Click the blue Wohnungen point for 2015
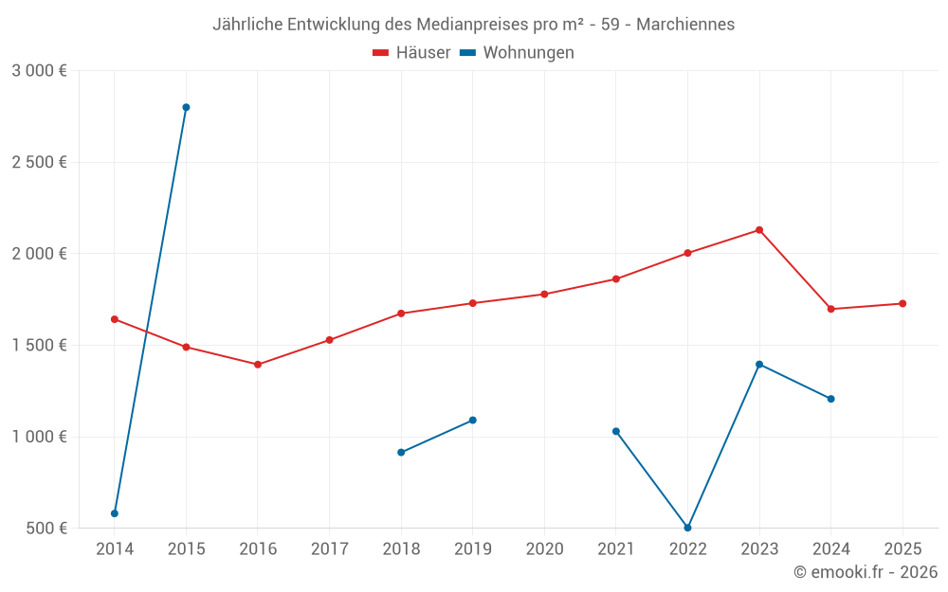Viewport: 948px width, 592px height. point(186,107)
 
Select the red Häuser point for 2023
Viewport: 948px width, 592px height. point(759,230)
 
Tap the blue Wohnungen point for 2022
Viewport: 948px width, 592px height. point(687,528)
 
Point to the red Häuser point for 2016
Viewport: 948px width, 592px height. point(258,365)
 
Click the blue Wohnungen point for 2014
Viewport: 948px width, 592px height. point(115,513)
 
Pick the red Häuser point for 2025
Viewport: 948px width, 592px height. point(902,303)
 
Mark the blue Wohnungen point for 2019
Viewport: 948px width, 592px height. point(473,421)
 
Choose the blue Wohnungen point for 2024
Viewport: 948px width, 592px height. point(830,399)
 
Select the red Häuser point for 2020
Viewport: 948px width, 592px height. point(544,294)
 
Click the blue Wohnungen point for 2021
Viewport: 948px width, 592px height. point(616,431)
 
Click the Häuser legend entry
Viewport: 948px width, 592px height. point(411,53)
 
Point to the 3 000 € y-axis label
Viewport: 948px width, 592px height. point(39,71)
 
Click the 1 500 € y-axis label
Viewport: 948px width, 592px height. point(39,346)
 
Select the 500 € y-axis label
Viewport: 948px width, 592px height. point(46,529)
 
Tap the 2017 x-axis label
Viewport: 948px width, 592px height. point(329,549)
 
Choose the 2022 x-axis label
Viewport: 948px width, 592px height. point(687,549)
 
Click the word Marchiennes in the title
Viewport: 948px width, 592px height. point(685,25)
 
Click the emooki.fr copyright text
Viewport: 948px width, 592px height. point(866,572)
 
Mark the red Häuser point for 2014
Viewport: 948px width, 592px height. point(115,319)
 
